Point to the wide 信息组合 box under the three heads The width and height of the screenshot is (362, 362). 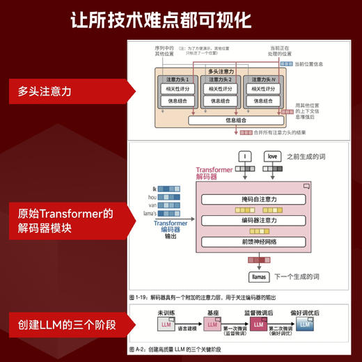(x=236, y=120)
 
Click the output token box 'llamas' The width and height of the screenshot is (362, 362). (x=258, y=276)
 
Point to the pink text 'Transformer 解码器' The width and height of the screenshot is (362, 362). (x=217, y=173)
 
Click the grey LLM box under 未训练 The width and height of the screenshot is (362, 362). (x=167, y=325)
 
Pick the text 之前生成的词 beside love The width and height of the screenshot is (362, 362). (x=306, y=157)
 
